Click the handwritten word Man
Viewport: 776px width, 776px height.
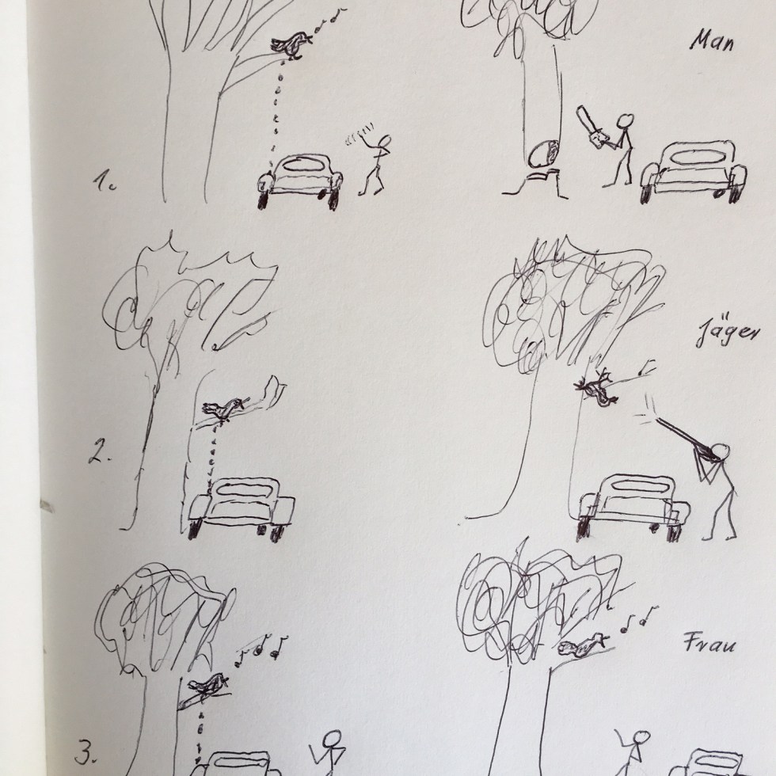click(x=712, y=41)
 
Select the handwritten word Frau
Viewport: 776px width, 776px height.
click(x=703, y=644)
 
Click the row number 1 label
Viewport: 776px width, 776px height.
click(x=105, y=181)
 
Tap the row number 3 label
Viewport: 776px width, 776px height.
click(x=86, y=753)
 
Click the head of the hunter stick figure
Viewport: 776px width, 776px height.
click(x=722, y=451)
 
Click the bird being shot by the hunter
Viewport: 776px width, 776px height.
click(x=596, y=386)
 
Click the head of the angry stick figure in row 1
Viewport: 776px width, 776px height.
click(x=385, y=143)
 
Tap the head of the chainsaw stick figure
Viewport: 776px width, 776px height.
click(x=626, y=122)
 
